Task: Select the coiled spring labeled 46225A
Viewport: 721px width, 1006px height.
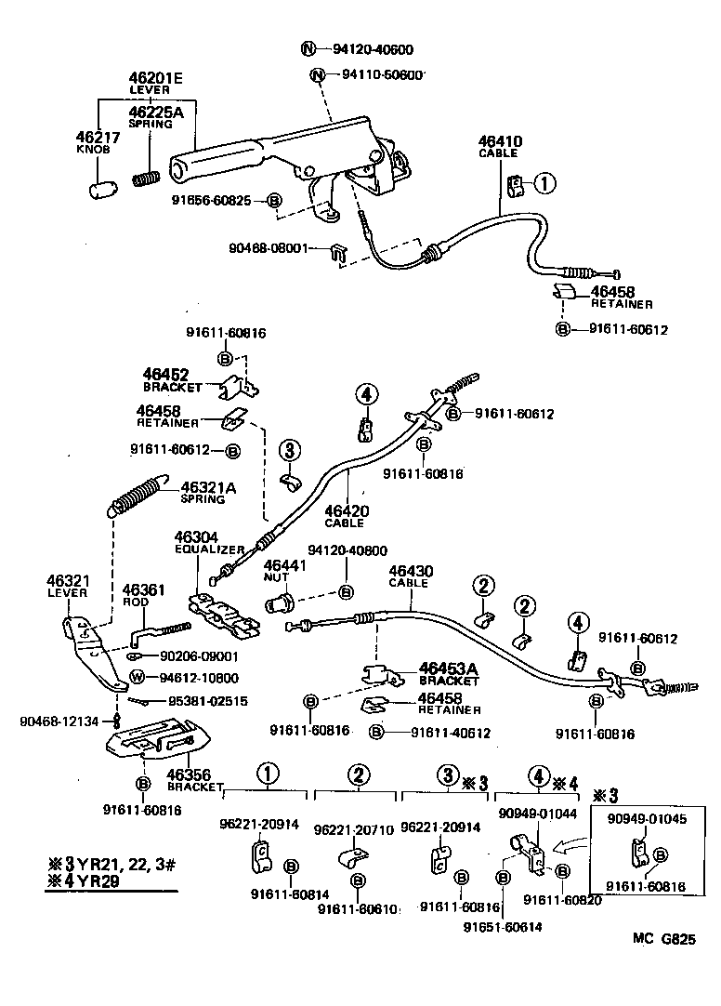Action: pos(148,176)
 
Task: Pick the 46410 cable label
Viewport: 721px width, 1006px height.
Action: pos(500,142)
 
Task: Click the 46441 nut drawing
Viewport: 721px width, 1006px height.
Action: pos(279,603)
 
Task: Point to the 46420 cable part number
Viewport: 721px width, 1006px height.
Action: pos(346,510)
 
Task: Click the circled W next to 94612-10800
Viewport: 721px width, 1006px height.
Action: pos(137,677)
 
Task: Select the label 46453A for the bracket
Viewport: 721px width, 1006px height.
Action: pos(448,668)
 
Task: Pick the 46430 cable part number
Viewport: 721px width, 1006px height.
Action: pos(409,571)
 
